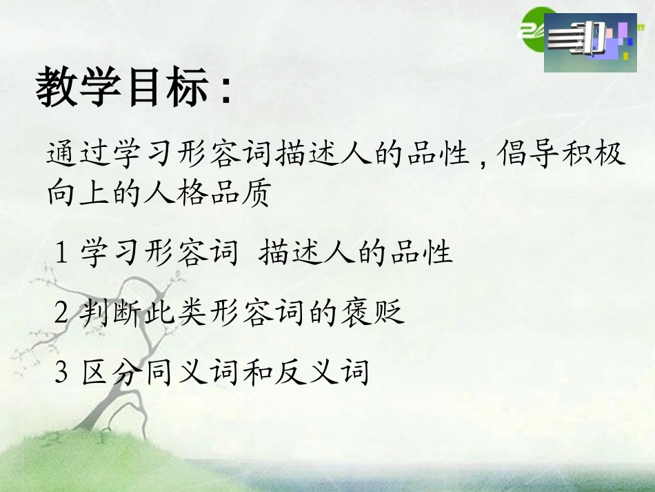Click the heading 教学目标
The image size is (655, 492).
pos(122,88)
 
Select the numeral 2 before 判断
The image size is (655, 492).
pos(61,314)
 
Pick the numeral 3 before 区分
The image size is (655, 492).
pos(61,373)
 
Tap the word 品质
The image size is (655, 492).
pos(245,194)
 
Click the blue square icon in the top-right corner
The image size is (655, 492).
pos(590,43)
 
